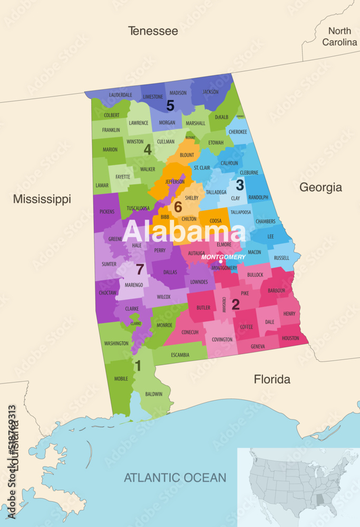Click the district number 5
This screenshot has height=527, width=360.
[170, 105]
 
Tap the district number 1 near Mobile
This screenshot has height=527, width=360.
[138, 365]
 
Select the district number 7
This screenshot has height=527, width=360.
[140, 269]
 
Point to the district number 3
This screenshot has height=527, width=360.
[239, 185]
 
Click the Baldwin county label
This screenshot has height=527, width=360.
[154, 394]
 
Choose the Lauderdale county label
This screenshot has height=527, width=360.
[121, 95]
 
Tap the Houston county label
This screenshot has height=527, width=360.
[290, 338]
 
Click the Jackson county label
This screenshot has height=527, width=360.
[210, 92]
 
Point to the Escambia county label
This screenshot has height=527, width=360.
[180, 355]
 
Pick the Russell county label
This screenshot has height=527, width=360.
[281, 258]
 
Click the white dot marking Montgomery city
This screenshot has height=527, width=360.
[221, 261]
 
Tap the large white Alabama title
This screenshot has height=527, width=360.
[184, 232]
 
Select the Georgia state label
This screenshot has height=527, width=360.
[320, 187]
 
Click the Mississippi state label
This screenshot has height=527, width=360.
[42, 199]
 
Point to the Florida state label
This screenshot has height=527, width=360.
[272, 379]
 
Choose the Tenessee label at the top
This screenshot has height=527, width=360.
[153, 31]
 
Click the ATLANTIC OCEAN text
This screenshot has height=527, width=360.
[175, 478]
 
